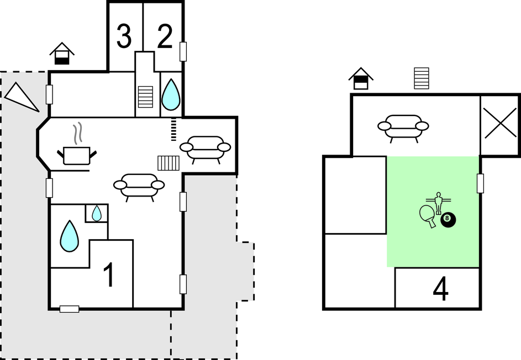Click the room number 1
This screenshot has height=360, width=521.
point(109,274)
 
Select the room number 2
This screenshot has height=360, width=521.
point(165,36)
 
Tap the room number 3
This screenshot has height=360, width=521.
point(124,36)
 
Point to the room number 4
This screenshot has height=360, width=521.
point(440,289)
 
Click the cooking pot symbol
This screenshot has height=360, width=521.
point(77,152)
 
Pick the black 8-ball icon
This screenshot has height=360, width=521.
point(448,220)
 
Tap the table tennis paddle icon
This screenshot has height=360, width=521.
point(428,216)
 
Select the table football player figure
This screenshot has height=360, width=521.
point(439,202)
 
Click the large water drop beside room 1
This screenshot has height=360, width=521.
point(70,236)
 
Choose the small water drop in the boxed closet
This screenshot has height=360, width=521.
point(96,213)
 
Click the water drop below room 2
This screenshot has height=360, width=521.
point(171,94)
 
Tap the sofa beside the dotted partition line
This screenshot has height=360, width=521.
point(206,149)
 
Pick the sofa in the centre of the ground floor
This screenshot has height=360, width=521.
point(139,187)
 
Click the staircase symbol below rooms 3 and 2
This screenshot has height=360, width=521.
point(145,97)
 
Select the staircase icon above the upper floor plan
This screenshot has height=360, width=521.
point(422,78)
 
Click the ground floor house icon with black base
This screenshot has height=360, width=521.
point(62,54)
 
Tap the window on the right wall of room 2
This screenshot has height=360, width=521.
point(183,51)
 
